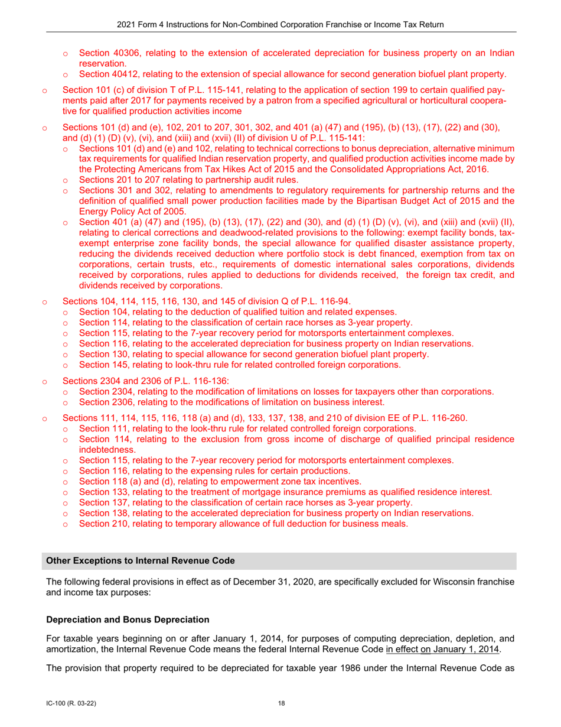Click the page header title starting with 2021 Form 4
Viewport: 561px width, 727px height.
[280, 24]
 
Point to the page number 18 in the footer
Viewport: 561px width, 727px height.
[281, 703]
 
